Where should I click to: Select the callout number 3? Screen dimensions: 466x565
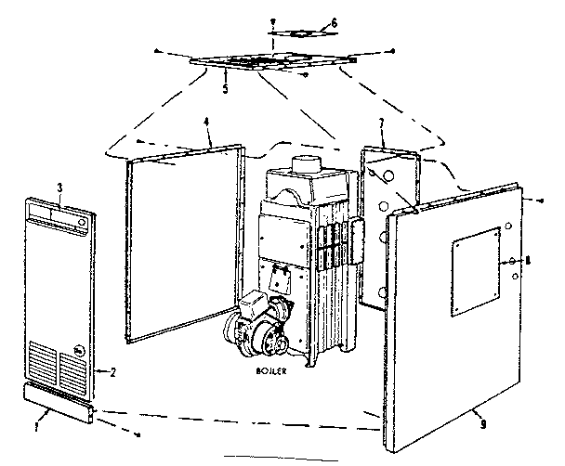pos(59,188)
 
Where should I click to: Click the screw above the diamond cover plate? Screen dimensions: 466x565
pos(272,19)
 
